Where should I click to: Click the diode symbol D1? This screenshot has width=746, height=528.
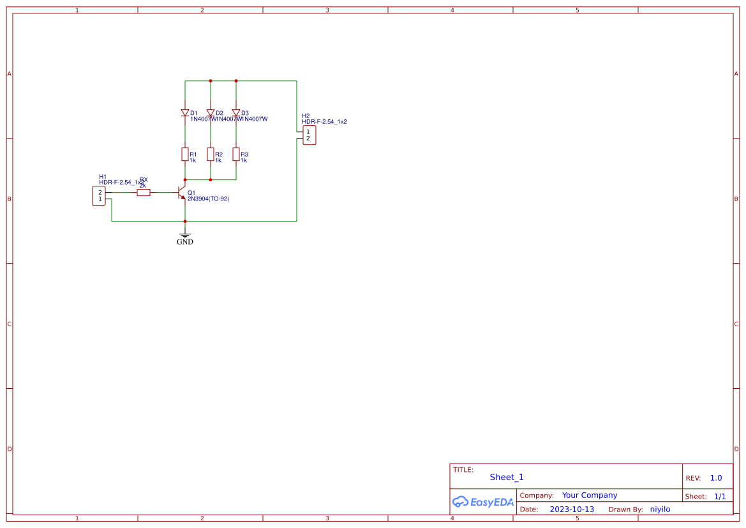(x=185, y=113)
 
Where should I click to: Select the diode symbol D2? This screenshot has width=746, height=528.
(x=211, y=113)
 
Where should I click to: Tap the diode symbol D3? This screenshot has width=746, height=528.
(x=236, y=113)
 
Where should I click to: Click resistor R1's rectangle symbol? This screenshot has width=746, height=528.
(x=185, y=154)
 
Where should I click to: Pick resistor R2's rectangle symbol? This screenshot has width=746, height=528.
(x=211, y=154)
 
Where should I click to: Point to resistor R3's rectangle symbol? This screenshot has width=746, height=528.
(x=236, y=154)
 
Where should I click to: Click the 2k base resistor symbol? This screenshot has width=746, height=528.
(x=144, y=192)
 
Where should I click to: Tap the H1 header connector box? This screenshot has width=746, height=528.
(x=99, y=196)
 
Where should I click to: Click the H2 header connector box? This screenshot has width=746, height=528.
(x=309, y=135)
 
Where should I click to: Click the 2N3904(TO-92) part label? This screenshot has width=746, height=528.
(x=208, y=199)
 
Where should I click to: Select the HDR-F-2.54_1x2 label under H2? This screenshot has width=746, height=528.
(x=324, y=121)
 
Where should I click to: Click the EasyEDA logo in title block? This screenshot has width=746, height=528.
(x=483, y=502)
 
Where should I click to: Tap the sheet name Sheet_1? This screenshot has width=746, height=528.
(x=507, y=477)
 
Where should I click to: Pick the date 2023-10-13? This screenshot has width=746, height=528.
(x=572, y=509)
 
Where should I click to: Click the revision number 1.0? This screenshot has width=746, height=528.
(x=716, y=478)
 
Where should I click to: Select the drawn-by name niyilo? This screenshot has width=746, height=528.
(x=660, y=509)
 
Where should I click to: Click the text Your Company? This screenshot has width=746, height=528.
(x=590, y=495)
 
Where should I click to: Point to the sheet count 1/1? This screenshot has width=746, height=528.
(x=719, y=496)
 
